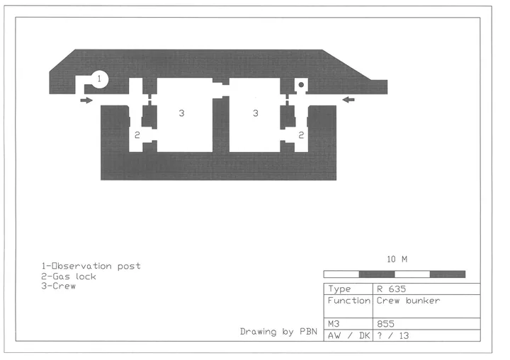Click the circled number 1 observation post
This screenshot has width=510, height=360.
pyautogui.click(x=99, y=79)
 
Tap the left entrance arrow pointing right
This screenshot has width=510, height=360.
pyautogui.click(x=86, y=100)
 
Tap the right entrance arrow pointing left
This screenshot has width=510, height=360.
pyautogui.click(x=348, y=100)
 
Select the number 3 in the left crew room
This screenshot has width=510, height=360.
pyautogui.click(x=181, y=113)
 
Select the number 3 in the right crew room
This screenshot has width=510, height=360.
pyautogui.click(x=255, y=113)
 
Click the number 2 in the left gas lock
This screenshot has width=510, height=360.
pyautogui.click(x=137, y=135)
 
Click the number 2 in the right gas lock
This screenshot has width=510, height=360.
pyautogui.click(x=301, y=135)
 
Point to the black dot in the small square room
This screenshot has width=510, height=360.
pyautogui.click(x=301, y=85)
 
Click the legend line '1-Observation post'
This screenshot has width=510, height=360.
pyautogui.click(x=91, y=266)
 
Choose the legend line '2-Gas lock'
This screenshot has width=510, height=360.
pyautogui.click(x=69, y=277)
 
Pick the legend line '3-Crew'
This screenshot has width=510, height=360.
pyautogui.click(x=59, y=286)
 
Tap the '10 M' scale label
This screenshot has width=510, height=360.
pyautogui.click(x=397, y=260)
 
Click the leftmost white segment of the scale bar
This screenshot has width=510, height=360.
pyautogui.click(x=341, y=274)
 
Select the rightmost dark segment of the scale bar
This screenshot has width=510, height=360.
pyautogui.click(x=448, y=274)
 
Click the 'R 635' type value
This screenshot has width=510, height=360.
pyautogui.click(x=391, y=289)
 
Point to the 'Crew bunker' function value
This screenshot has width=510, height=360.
pyautogui.click(x=408, y=301)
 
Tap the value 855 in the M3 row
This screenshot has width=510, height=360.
pyautogui.click(x=386, y=324)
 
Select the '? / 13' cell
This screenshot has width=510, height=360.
pyautogui.click(x=393, y=336)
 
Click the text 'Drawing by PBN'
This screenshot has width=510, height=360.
pyautogui.click(x=278, y=332)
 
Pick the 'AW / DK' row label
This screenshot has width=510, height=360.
pyautogui.click(x=348, y=336)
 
